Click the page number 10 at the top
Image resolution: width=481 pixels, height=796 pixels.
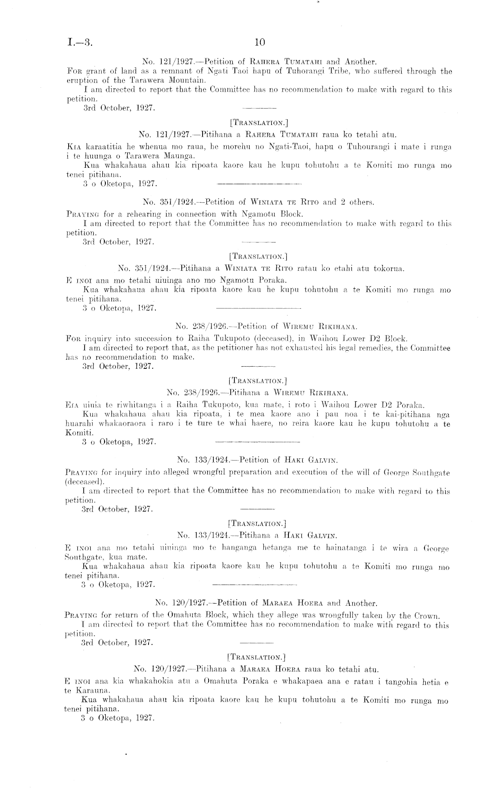[259, 42]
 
